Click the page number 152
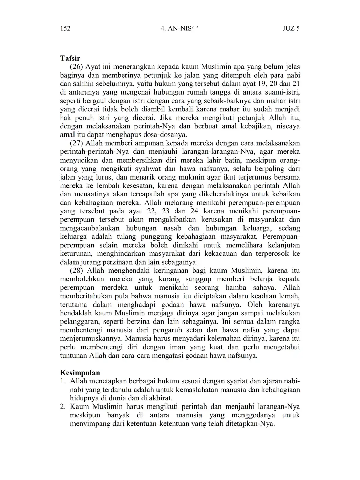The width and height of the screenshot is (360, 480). click(x=65, y=28)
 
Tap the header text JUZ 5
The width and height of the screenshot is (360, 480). click(x=291, y=28)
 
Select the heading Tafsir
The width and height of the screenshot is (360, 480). click(x=70, y=58)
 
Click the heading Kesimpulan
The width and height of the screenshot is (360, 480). click(x=80, y=373)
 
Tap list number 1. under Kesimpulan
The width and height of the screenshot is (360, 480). click(x=63, y=381)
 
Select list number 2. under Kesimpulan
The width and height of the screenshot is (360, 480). click(x=63, y=406)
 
